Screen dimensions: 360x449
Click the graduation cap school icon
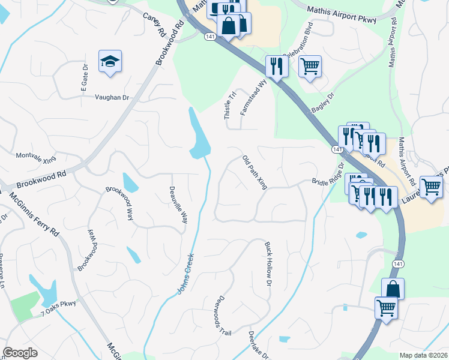point(110,61)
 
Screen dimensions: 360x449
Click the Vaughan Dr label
point(112,97)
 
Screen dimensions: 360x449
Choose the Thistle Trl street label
point(228,105)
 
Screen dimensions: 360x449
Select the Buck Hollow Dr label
point(268,264)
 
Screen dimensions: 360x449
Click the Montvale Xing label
point(35,157)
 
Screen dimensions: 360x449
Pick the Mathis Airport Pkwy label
point(342,14)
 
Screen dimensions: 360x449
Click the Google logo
point(20,352)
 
